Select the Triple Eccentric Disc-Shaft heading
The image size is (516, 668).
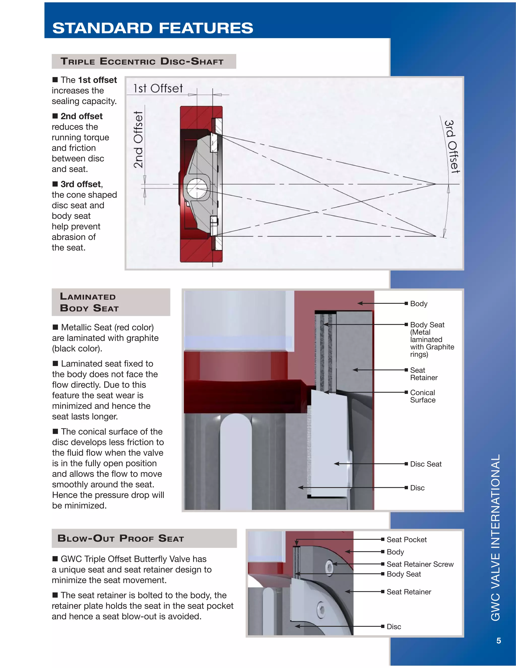[x=142, y=61]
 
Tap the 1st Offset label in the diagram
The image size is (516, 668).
[x=158, y=88]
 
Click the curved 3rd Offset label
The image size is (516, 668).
[x=451, y=146]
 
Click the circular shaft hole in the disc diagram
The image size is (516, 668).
[x=197, y=188]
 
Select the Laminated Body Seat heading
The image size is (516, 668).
[x=89, y=302]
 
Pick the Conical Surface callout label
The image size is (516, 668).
[x=423, y=396]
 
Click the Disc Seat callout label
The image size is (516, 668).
[x=426, y=464]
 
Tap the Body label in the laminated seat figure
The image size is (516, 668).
[x=418, y=304]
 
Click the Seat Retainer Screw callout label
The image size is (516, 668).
[x=420, y=564]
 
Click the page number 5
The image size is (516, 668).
[x=499, y=641]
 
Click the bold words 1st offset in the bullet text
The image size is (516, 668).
[x=98, y=80]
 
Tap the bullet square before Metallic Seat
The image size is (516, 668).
[x=55, y=327]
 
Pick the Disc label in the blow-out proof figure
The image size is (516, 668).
[x=394, y=627]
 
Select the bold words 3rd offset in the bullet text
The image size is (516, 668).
[x=81, y=184]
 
